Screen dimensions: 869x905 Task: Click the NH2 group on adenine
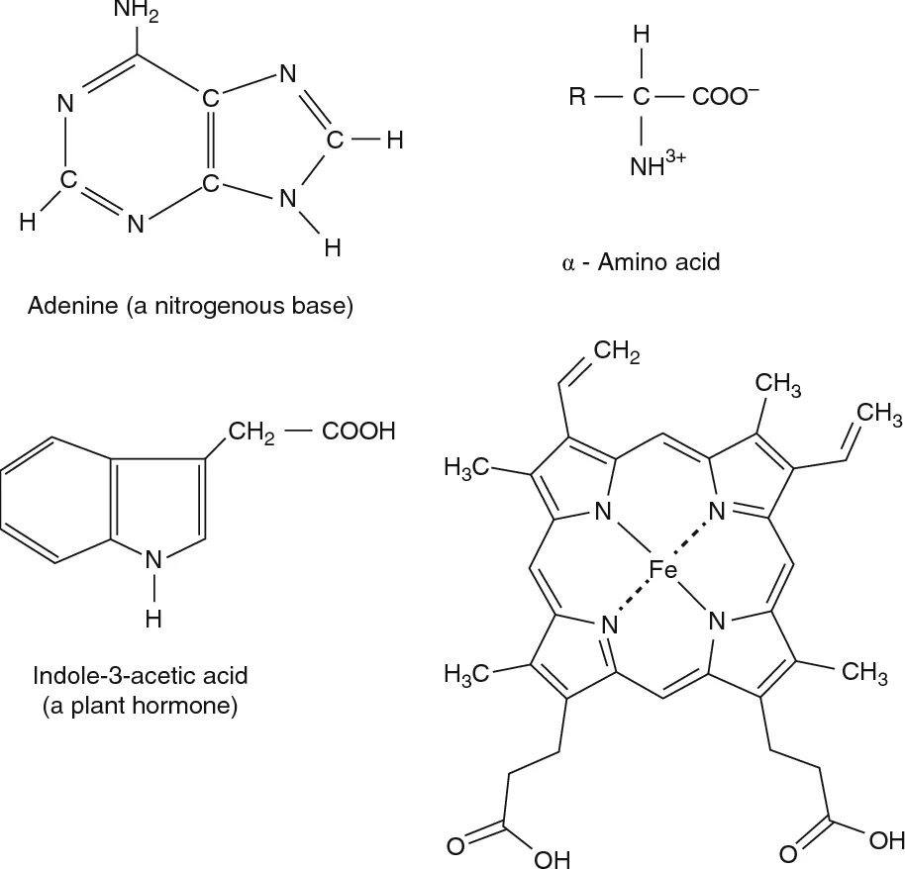[x=135, y=12]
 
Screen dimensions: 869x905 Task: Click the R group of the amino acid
[x=577, y=98]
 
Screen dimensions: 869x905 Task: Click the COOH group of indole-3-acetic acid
[x=356, y=433]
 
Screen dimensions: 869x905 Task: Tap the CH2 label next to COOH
[x=251, y=434]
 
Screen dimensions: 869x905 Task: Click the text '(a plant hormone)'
[x=140, y=708]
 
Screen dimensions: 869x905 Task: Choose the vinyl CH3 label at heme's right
[x=874, y=412]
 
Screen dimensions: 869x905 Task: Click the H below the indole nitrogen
[x=152, y=619]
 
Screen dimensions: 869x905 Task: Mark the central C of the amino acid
[x=642, y=98]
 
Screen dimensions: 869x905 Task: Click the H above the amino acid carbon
[x=642, y=37]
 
